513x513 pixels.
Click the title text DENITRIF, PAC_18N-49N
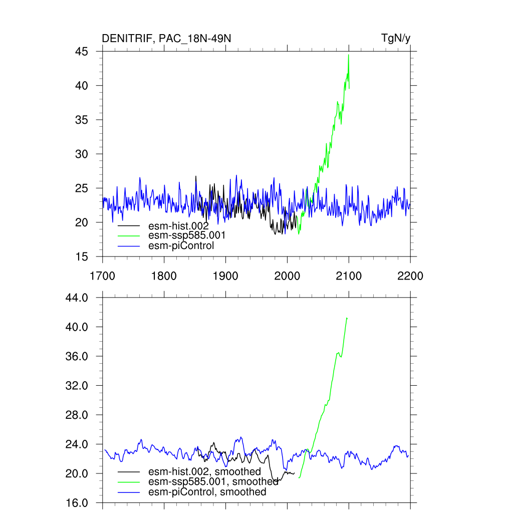(x=166, y=39)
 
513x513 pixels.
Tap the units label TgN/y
(x=396, y=39)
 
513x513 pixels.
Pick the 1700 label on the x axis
(x=102, y=276)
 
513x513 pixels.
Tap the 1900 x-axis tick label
(x=225, y=276)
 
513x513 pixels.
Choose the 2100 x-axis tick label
(x=349, y=276)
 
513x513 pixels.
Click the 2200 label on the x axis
(x=410, y=276)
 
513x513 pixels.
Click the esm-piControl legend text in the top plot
(x=181, y=245)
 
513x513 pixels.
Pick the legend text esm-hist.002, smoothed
(x=204, y=471)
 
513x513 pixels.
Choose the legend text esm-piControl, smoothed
(x=207, y=492)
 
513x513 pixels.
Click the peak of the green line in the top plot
(x=349, y=55)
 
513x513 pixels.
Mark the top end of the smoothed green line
(x=347, y=318)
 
